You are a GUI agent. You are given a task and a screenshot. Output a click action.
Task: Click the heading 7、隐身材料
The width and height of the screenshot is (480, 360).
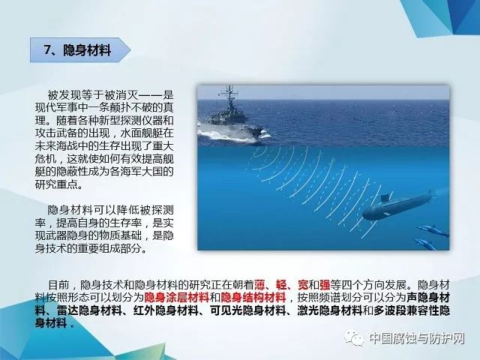point(77,50)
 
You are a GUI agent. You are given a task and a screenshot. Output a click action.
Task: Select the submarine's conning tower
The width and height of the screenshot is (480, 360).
point(385,198)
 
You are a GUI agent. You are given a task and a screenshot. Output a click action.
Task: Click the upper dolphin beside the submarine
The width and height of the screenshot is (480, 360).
point(433,230)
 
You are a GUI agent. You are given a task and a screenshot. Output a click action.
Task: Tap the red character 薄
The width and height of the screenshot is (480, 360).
point(259,285)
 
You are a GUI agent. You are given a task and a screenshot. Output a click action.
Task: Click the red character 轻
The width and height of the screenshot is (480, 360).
point(281,285)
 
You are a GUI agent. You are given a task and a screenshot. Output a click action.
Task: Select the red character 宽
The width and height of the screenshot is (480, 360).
point(303,285)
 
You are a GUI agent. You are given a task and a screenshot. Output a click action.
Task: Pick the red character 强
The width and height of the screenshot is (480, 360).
point(325,285)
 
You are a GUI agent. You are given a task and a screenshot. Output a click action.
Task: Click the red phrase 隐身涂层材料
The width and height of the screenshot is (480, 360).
point(177,298)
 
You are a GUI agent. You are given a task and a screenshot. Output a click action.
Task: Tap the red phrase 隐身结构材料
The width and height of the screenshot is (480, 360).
point(253,298)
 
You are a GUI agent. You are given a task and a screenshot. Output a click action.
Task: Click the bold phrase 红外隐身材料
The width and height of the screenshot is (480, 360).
point(166,310)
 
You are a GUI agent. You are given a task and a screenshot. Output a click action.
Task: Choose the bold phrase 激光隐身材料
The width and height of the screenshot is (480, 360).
point(330,310)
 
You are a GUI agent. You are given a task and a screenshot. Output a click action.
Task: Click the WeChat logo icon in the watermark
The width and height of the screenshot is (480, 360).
point(354,337)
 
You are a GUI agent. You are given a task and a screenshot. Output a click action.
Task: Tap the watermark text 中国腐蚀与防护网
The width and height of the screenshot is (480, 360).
point(417,338)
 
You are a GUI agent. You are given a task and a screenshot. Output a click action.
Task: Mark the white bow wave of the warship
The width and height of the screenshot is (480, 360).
point(232,135)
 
